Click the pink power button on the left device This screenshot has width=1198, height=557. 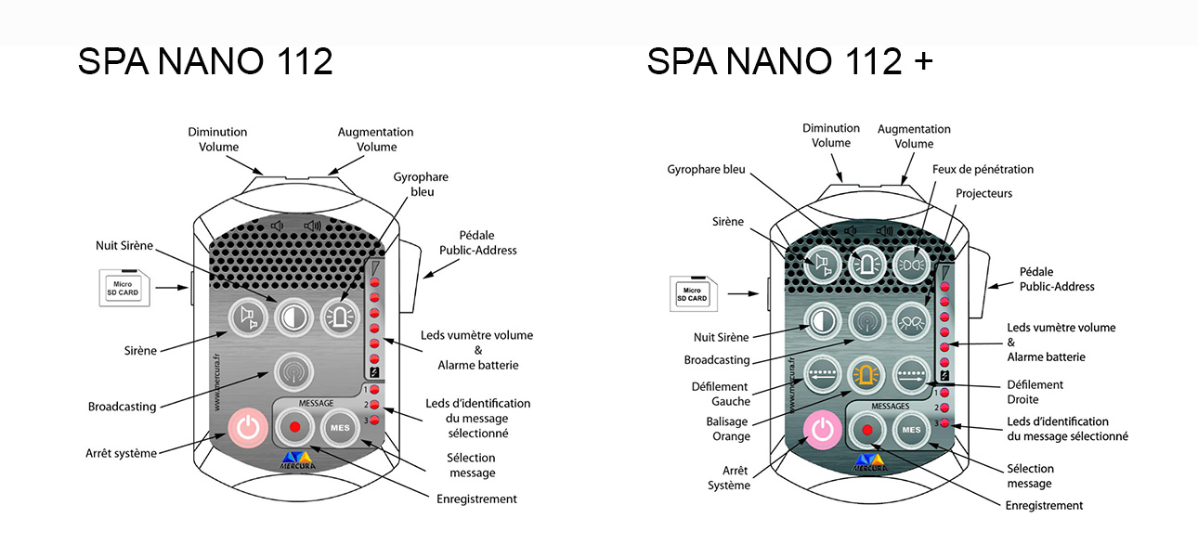point(246,428)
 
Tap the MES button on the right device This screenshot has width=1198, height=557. point(911,430)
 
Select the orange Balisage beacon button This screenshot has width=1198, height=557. point(866,375)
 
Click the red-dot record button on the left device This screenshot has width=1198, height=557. point(294,428)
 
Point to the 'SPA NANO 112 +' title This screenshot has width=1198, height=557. point(789,61)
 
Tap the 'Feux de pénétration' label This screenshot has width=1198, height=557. point(983,170)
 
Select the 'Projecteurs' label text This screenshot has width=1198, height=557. point(983,193)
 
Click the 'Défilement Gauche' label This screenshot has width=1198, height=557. point(719,394)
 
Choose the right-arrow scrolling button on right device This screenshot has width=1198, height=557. point(911,375)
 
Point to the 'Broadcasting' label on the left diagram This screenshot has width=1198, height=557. point(122,406)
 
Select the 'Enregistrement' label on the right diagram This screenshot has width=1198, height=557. point(1044,505)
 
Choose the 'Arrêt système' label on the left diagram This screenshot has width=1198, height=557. point(121,453)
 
